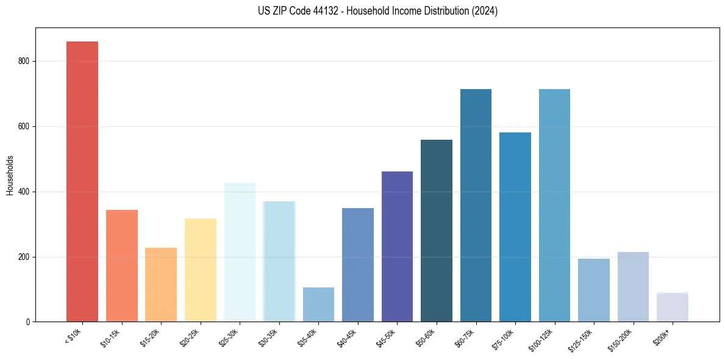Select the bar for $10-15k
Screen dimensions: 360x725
pos(122,266)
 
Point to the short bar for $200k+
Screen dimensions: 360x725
pos(672,308)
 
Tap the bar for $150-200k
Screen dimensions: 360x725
pos(633,287)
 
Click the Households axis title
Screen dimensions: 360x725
pos(10,175)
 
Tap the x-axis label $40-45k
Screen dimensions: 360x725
pos(346,337)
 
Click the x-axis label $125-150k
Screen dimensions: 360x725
pos(580,339)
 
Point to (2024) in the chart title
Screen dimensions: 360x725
pos(485,11)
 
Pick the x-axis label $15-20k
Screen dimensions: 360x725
pos(150,337)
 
